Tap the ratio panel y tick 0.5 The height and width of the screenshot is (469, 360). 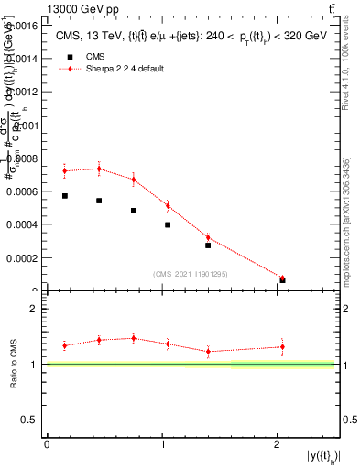coord(29,420)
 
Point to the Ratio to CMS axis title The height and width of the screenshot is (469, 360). coord(14,364)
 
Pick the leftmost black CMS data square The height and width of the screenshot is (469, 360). coord(65,196)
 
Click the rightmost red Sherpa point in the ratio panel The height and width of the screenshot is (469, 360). coord(282,346)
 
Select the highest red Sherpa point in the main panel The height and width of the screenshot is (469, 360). coord(99,169)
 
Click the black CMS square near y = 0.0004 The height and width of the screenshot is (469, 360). coord(168,224)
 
